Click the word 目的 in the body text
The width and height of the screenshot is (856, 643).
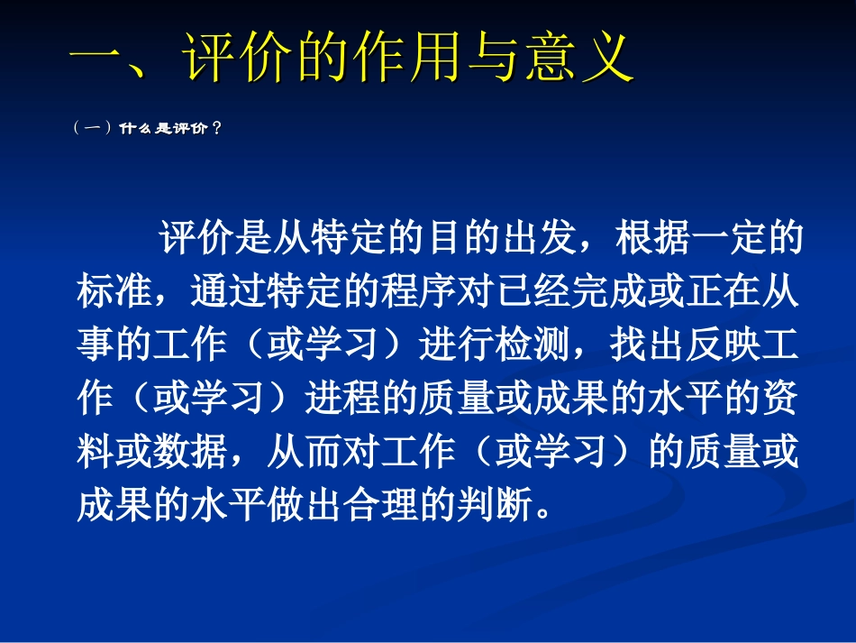(x=445, y=239)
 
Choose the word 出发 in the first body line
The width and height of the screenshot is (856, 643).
(x=521, y=239)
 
